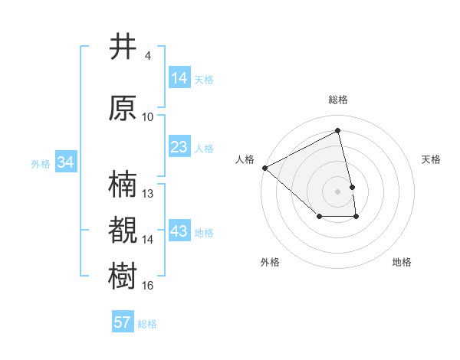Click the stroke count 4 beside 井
[x=148, y=56]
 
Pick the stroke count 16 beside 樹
[x=148, y=286]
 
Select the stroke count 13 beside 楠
[x=148, y=194]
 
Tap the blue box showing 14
[x=179, y=78]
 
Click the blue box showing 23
[x=179, y=147]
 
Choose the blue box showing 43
[x=179, y=231]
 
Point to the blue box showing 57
[x=123, y=322]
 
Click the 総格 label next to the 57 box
[x=147, y=324]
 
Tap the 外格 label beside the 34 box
[x=41, y=163]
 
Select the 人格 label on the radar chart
[x=245, y=159]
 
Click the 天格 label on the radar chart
[x=432, y=159]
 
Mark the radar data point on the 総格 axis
[x=338, y=130]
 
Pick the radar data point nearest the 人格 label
[x=264, y=167]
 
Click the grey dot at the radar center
[x=338, y=191]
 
